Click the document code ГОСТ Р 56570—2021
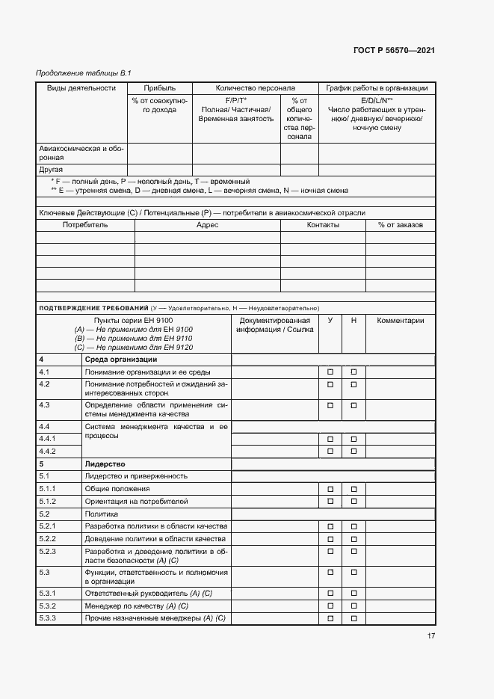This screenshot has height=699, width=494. pos(393,50)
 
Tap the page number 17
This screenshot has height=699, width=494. pos(431,636)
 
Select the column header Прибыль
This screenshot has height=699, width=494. pos(159,88)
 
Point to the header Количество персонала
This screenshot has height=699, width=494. pos(256,88)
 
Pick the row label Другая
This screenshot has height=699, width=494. pos(51,170)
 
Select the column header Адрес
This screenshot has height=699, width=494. pos(207,225)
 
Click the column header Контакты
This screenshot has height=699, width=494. pos(323,225)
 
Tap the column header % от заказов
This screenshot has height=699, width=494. pos(401,225)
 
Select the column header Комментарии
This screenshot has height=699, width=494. pos(401,321)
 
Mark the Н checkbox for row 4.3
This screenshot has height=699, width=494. pos(354,405)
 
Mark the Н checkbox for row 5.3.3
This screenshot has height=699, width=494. pos(354,618)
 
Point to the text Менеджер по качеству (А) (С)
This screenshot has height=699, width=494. pos(137,606)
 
